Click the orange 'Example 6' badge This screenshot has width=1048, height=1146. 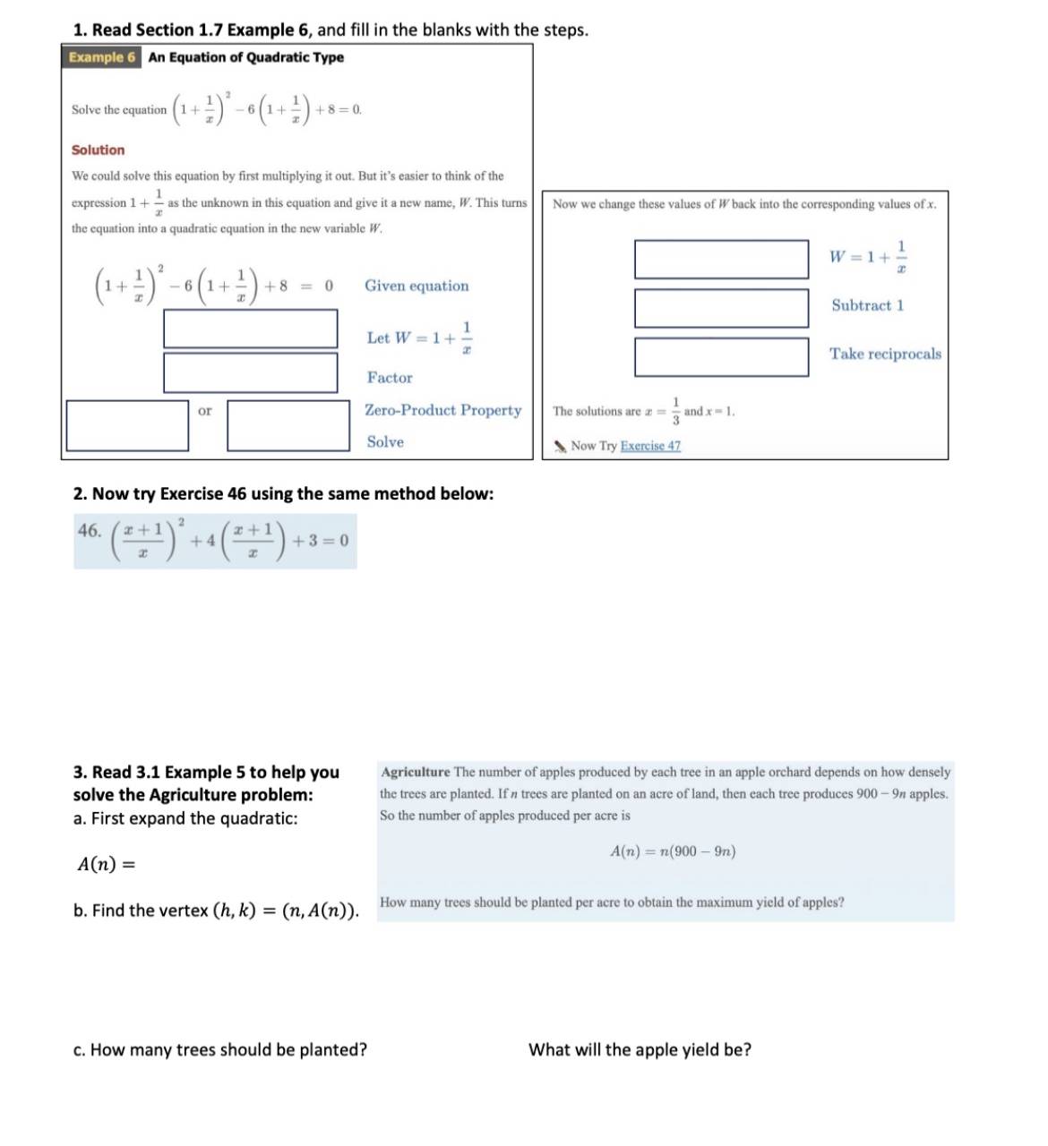[102, 57]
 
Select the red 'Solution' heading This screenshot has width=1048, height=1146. [98, 150]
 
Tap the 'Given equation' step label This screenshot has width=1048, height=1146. [416, 286]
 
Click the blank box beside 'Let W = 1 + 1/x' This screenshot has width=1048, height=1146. [250, 329]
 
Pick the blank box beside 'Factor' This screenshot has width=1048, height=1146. [250, 372]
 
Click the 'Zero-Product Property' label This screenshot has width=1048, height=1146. [442, 410]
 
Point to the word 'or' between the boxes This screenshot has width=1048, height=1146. [205, 411]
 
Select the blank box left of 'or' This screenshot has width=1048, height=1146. [127, 425]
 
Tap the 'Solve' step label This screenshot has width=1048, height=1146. [385, 441]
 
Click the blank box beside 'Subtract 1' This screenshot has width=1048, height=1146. [721, 308]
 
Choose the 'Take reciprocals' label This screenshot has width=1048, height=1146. [885, 354]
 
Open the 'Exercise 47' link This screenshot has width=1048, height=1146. [650, 446]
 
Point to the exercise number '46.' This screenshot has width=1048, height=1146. [90, 530]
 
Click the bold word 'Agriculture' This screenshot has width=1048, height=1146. [416, 772]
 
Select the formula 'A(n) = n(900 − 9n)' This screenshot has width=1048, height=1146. [673, 851]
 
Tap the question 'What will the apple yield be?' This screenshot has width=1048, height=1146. [640, 1049]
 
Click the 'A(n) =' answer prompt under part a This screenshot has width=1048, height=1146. [106, 864]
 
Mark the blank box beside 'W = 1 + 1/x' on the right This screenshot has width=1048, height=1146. [721, 260]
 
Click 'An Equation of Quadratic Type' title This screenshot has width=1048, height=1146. [245, 57]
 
